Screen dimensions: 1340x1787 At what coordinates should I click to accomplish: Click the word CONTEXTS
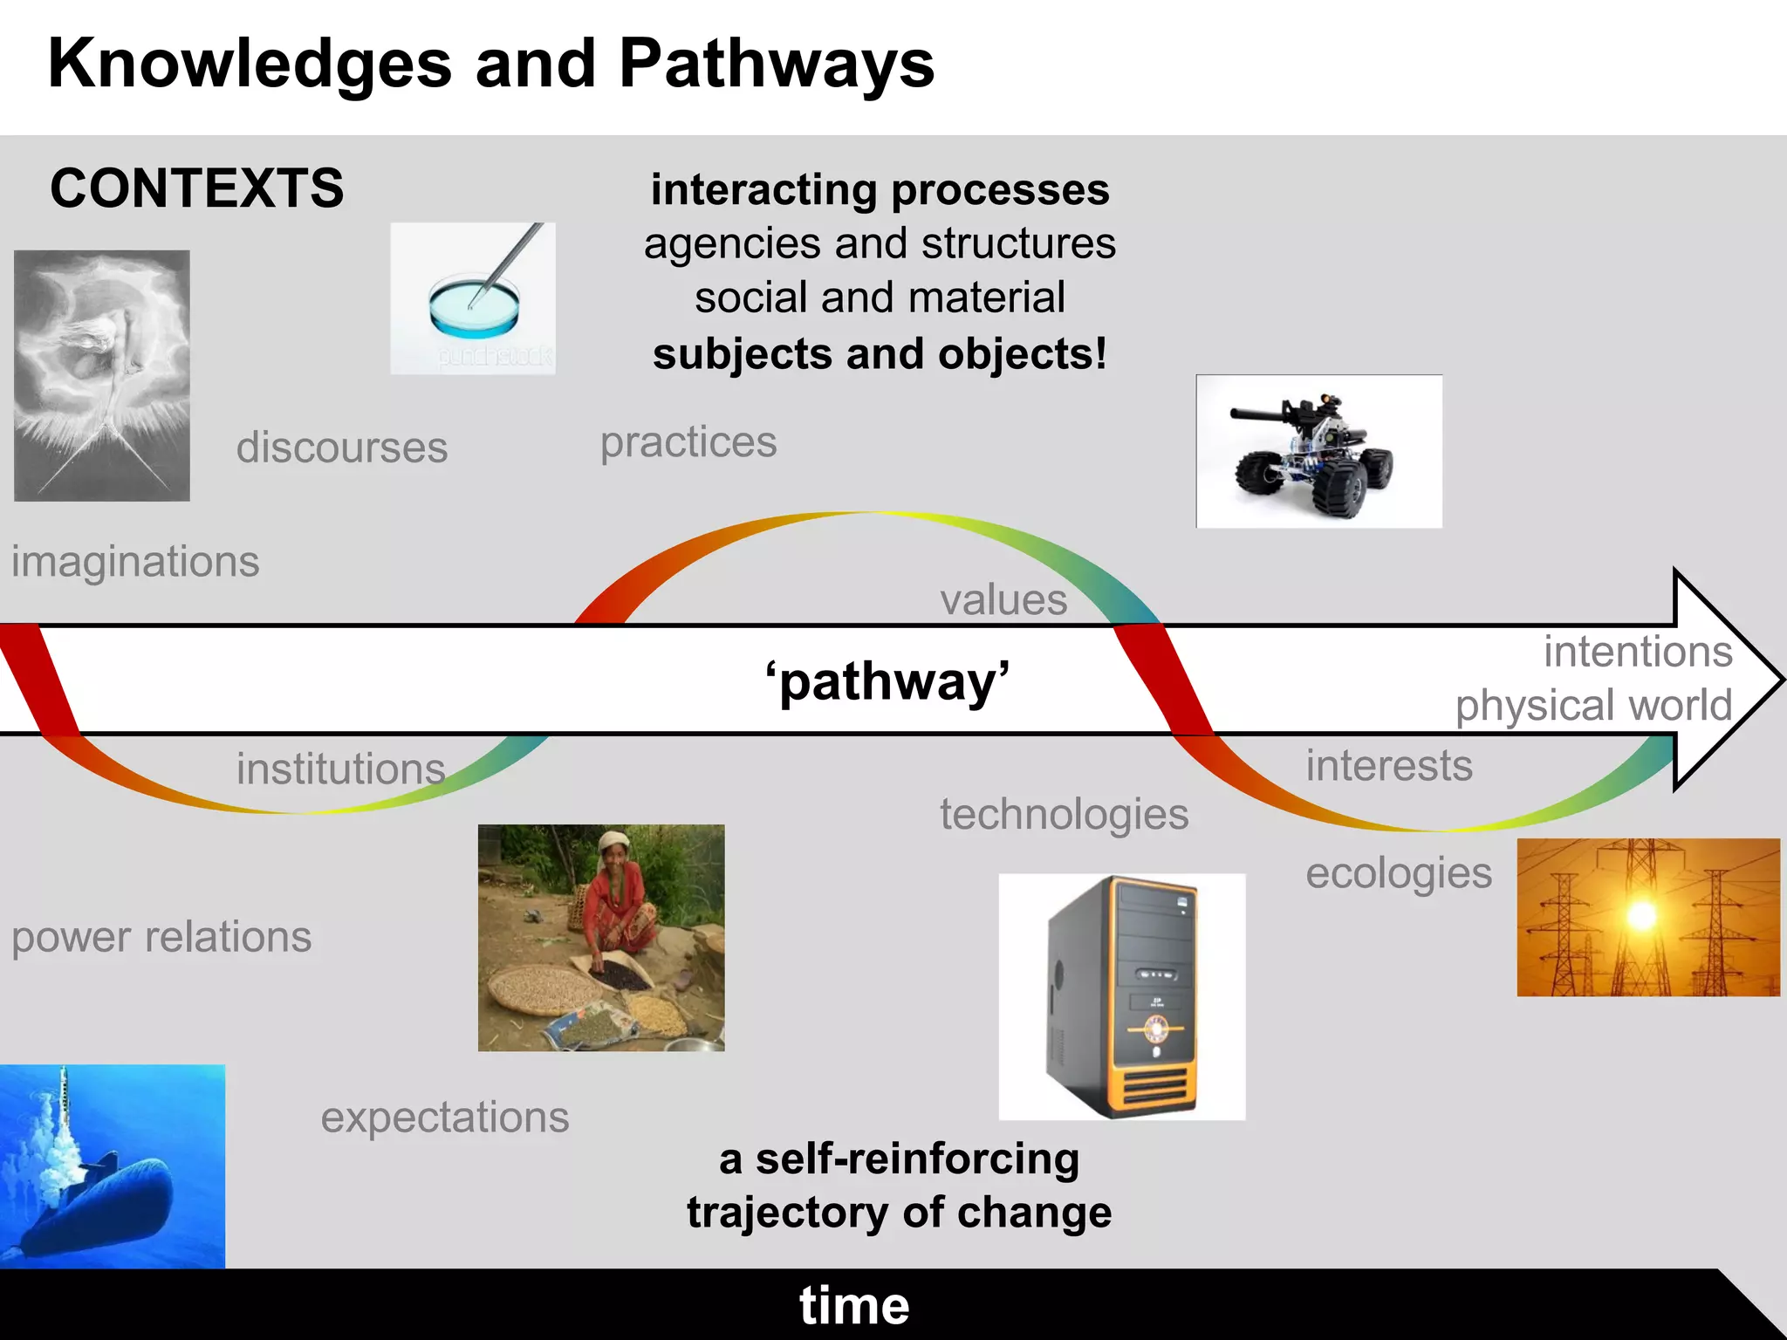pyautogui.click(x=197, y=188)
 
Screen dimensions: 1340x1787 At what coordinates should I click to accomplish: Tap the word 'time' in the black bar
pyautogui.click(x=854, y=1305)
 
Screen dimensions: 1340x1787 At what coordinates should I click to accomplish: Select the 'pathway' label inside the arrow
pyautogui.click(x=887, y=680)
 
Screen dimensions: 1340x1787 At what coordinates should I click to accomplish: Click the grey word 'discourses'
pyautogui.click(x=342, y=448)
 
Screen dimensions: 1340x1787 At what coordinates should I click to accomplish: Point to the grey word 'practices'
pyautogui.click(x=688, y=442)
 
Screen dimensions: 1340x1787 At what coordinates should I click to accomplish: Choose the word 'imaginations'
pyautogui.click(x=135, y=561)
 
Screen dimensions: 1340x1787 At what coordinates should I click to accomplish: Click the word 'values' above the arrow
pyautogui.click(x=1003, y=600)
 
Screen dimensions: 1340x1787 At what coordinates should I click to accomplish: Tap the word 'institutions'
pyautogui.click(x=341, y=769)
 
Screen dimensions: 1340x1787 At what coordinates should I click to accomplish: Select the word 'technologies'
pyautogui.click(x=1064, y=815)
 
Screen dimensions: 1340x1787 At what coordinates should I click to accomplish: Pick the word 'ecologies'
pyautogui.click(x=1399, y=873)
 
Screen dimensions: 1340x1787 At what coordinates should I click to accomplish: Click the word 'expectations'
pyautogui.click(x=445, y=1118)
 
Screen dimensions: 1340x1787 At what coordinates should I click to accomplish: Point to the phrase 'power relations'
pyautogui.click(x=161, y=938)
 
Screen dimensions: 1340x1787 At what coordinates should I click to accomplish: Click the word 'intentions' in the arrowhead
pyautogui.click(x=1638, y=652)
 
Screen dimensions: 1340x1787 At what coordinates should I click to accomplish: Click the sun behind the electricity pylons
pyautogui.click(x=1642, y=915)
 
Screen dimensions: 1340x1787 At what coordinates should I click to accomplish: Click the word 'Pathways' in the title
pyautogui.click(x=777, y=64)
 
